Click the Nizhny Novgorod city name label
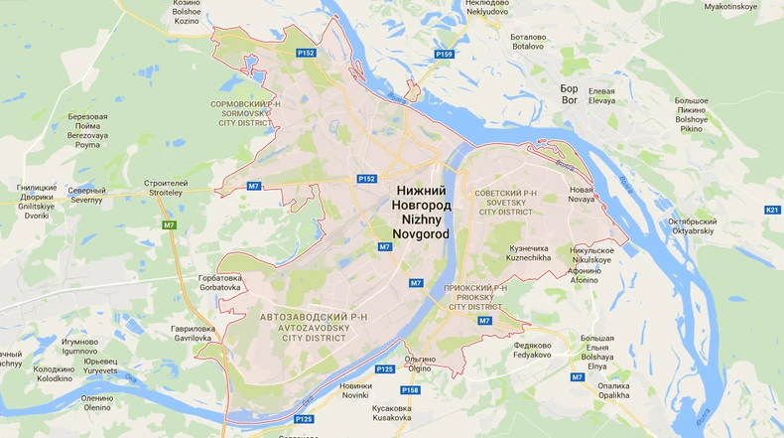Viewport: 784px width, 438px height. [x=422, y=212]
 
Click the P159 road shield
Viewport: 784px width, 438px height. [x=444, y=54]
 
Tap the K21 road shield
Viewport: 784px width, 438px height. [x=772, y=211]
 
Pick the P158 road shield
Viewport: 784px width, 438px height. [x=410, y=390]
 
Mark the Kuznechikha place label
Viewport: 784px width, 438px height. [x=529, y=252]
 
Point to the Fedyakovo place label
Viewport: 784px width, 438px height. [x=533, y=351]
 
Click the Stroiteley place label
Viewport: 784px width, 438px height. [x=166, y=188]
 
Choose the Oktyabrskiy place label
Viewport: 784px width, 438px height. [x=692, y=225]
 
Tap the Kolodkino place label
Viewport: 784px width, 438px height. [x=55, y=373]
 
